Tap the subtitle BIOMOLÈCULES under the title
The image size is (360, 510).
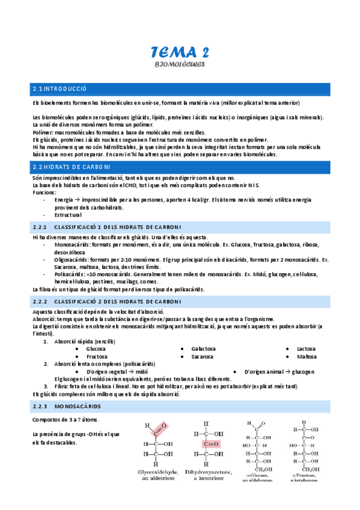point(180,63)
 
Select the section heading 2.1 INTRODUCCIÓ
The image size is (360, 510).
point(60,89)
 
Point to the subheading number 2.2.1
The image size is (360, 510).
point(40,227)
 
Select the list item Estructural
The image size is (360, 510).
point(68,215)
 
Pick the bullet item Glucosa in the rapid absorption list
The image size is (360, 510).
point(96,349)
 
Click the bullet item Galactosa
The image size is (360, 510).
point(203,349)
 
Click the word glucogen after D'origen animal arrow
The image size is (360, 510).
point(304,372)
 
